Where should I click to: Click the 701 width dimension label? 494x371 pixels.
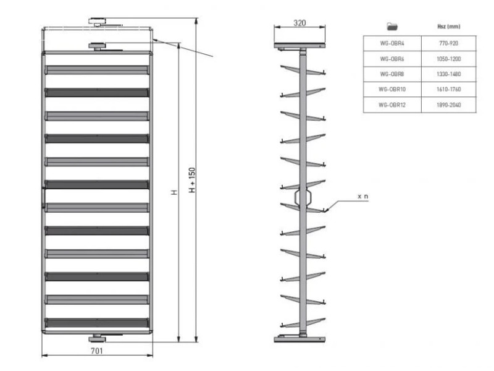(x=97, y=351)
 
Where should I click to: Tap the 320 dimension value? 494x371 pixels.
(x=299, y=23)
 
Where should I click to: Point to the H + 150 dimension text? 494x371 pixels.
(x=192, y=180)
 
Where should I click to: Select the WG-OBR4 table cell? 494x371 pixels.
(x=392, y=43)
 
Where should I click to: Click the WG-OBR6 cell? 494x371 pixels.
(x=392, y=59)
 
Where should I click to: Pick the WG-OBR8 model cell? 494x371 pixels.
(x=392, y=74)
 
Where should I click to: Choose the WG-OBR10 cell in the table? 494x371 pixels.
(x=392, y=89)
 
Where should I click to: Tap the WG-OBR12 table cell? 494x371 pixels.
(x=392, y=104)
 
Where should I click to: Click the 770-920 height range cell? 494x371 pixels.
(x=449, y=43)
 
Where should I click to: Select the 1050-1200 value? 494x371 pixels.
(x=449, y=59)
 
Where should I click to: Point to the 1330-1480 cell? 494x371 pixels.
(x=449, y=74)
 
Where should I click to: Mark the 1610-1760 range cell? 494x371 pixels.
(x=449, y=89)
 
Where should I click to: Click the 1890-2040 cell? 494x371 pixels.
(x=449, y=104)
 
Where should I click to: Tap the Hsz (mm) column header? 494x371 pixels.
(x=449, y=27)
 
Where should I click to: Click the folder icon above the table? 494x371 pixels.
(x=392, y=27)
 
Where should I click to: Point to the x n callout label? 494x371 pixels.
(x=362, y=196)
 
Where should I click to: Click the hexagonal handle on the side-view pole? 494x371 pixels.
(x=303, y=197)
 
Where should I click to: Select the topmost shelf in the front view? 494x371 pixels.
(x=97, y=70)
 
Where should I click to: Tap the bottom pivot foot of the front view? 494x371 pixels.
(x=97, y=338)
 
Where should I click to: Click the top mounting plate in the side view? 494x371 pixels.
(x=299, y=46)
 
